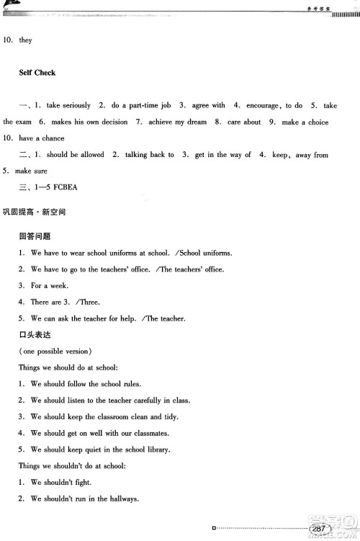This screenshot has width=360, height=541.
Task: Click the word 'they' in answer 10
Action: point(26,40)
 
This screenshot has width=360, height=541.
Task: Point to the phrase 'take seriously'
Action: point(70,105)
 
